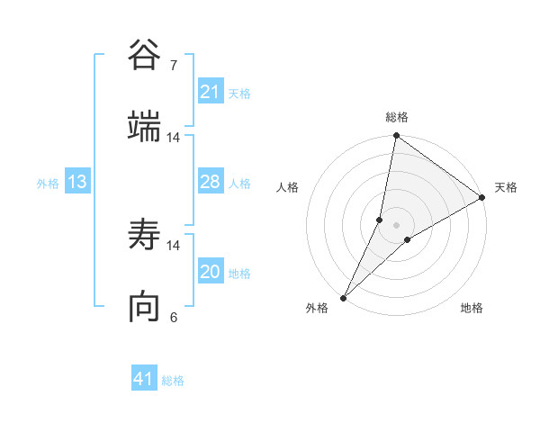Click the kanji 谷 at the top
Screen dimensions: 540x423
(145, 56)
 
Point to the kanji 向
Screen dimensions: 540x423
(145, 307)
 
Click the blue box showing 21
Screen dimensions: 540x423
(210, 92)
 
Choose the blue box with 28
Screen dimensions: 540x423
(210, 182)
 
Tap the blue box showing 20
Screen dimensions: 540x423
(210, 272)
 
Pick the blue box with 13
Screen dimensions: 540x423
(77, 182)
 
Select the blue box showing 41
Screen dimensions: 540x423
(144, 379)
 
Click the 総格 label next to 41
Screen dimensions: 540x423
(173, 381)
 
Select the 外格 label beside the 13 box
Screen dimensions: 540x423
(48, 184)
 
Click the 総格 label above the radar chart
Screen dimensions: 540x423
(397, 117)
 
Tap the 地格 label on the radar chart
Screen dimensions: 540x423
(472, 308)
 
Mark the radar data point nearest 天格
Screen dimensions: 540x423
(482, 198)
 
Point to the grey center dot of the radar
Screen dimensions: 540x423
(397, 225)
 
